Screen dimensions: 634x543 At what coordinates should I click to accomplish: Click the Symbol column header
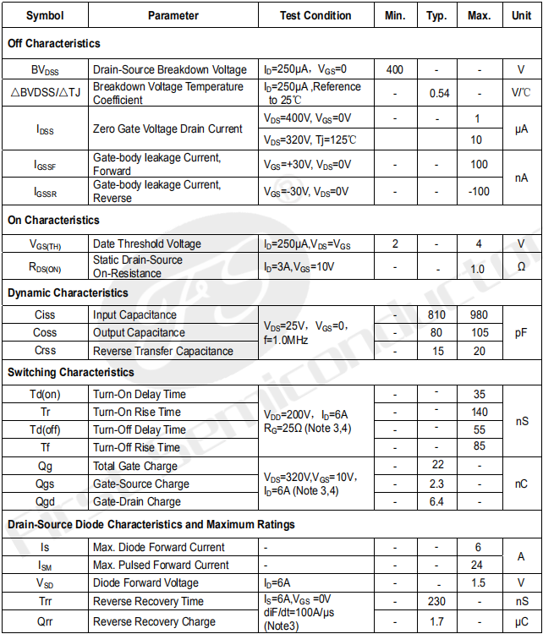point(44,15)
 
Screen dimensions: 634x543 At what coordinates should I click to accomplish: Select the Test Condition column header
point(315,15)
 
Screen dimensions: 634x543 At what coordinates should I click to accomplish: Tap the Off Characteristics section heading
point(54,43)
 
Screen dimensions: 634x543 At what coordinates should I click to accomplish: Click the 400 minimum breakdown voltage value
point(395,69)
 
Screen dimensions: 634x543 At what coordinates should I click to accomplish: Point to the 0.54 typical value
point(439,93)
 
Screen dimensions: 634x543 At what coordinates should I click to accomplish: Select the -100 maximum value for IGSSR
point(479,191)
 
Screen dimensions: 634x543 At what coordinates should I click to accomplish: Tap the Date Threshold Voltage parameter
point(147,243)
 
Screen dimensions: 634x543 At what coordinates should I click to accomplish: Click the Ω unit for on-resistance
point(521,267)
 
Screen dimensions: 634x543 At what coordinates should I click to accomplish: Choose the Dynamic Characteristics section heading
point(68,292)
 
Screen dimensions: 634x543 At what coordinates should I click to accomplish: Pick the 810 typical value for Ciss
point(437,314)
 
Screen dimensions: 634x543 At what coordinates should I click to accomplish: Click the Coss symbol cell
point(46,332)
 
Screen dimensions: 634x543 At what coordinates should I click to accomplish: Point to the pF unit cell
point(521,332)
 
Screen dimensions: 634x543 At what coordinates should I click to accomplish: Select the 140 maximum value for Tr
point(480,412)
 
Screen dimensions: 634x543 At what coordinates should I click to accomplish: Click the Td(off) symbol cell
point(46,429)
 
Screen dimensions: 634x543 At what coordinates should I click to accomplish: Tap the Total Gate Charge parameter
point(135,466)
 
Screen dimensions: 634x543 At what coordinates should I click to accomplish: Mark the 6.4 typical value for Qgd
point(437,501)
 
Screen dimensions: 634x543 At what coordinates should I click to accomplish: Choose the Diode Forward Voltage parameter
point(145,582)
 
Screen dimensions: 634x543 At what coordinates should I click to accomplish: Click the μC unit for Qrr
point(521,621)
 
